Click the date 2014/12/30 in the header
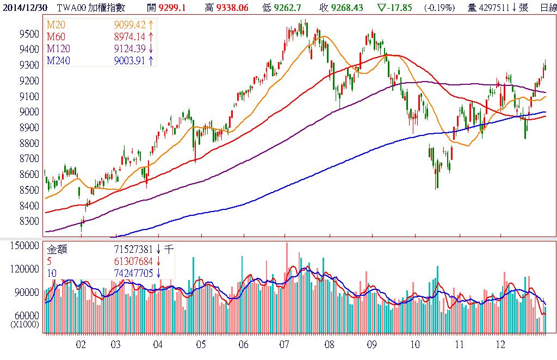pos(24,7)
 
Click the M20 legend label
pos(56,26)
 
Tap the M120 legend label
pos(58,49)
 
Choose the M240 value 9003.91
pos(129,60)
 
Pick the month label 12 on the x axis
pos(500,344)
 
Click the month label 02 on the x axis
pos(81,344)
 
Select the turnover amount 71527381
pos(129,250)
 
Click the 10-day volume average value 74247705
pos(129,272)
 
